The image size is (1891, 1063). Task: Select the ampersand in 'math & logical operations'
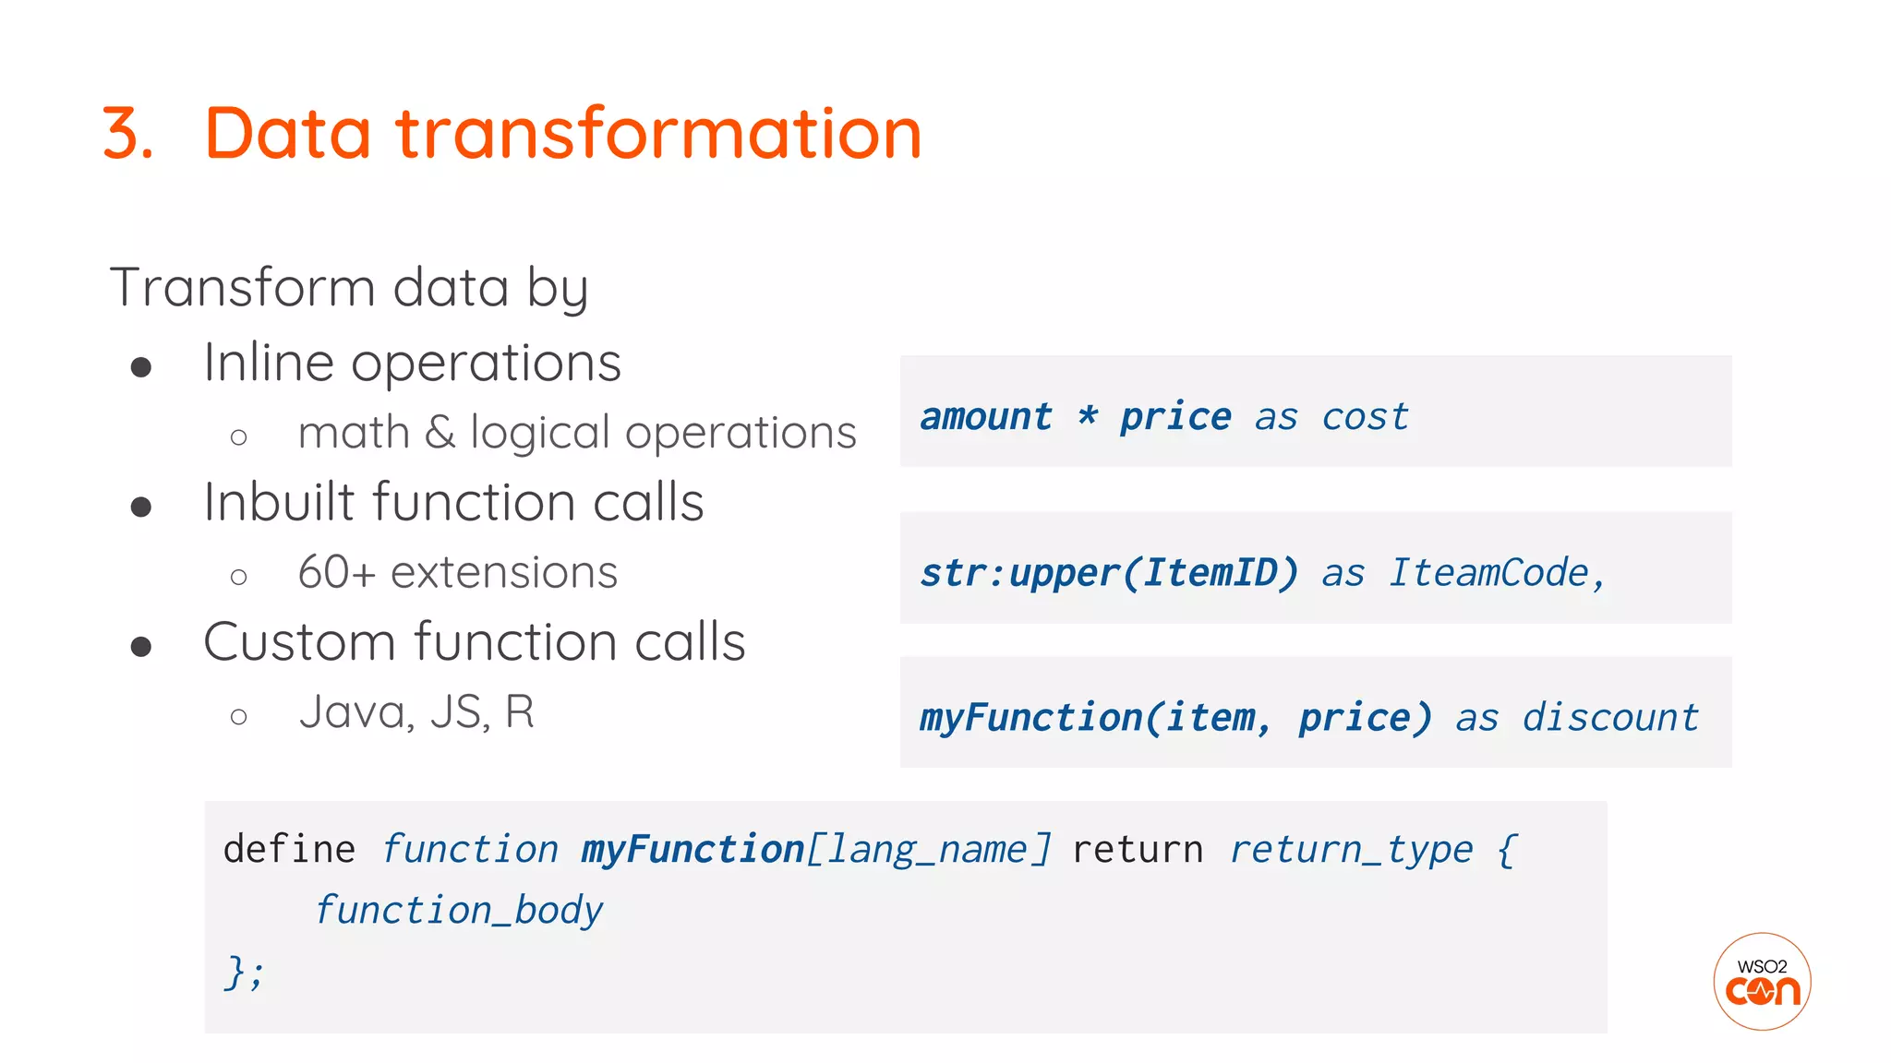pos(440,433)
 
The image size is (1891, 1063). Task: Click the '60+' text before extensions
pos(336,572)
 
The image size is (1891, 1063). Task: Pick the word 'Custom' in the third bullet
pos(299,641)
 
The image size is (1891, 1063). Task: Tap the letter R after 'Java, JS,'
pos(519,711)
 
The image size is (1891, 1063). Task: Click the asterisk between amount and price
pos(1087,416)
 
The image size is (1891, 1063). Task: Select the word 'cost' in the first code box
pos(1365,417)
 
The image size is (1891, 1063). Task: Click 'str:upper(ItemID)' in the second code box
pos(1109,573)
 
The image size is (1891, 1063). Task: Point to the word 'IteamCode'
pos(1488,573)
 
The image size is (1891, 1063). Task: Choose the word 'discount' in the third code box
pos(1610,717)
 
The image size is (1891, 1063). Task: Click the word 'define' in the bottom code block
pos(289,849)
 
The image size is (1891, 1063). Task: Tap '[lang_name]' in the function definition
pos(928,849)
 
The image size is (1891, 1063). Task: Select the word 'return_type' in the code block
pos(1351,849)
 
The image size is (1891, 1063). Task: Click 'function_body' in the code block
pos(459,910)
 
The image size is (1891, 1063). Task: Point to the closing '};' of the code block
pos(244,972)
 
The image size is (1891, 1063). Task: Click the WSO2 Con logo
pos(1762,981)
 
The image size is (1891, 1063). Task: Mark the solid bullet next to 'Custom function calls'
pos(141,647)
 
